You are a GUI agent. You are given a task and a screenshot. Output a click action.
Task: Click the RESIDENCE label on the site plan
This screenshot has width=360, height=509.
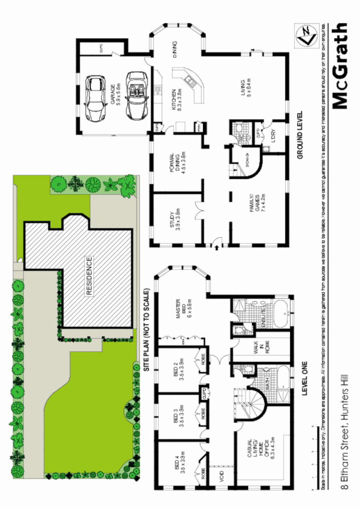pyautogui.click(x=89, y=276)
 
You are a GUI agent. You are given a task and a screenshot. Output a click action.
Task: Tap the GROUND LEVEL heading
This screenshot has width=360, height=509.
pyautogui.click(x=300, y=134)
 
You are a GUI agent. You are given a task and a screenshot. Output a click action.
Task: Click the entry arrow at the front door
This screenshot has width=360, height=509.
pyautogui.click(x=218, y=247)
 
